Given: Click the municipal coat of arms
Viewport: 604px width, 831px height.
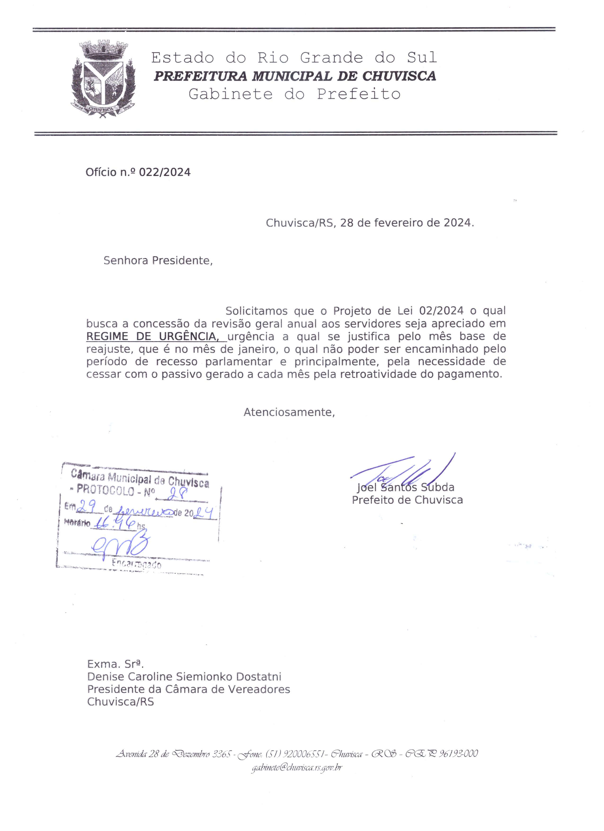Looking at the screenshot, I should (x=104, y=80).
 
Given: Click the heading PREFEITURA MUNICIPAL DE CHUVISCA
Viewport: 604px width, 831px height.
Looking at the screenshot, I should (x=294, y=76).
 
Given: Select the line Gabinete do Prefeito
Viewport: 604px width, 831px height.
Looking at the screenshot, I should (x=294, y=94).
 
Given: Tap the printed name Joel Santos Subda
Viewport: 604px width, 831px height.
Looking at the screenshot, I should (x=405, y=487).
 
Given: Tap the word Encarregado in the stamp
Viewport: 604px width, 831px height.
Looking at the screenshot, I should (x=137, y=564).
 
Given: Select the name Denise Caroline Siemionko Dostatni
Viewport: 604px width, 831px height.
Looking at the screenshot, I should (x=184, y=676).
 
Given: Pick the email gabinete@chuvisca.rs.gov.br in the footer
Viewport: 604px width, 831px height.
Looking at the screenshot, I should (x=296, y=767).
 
